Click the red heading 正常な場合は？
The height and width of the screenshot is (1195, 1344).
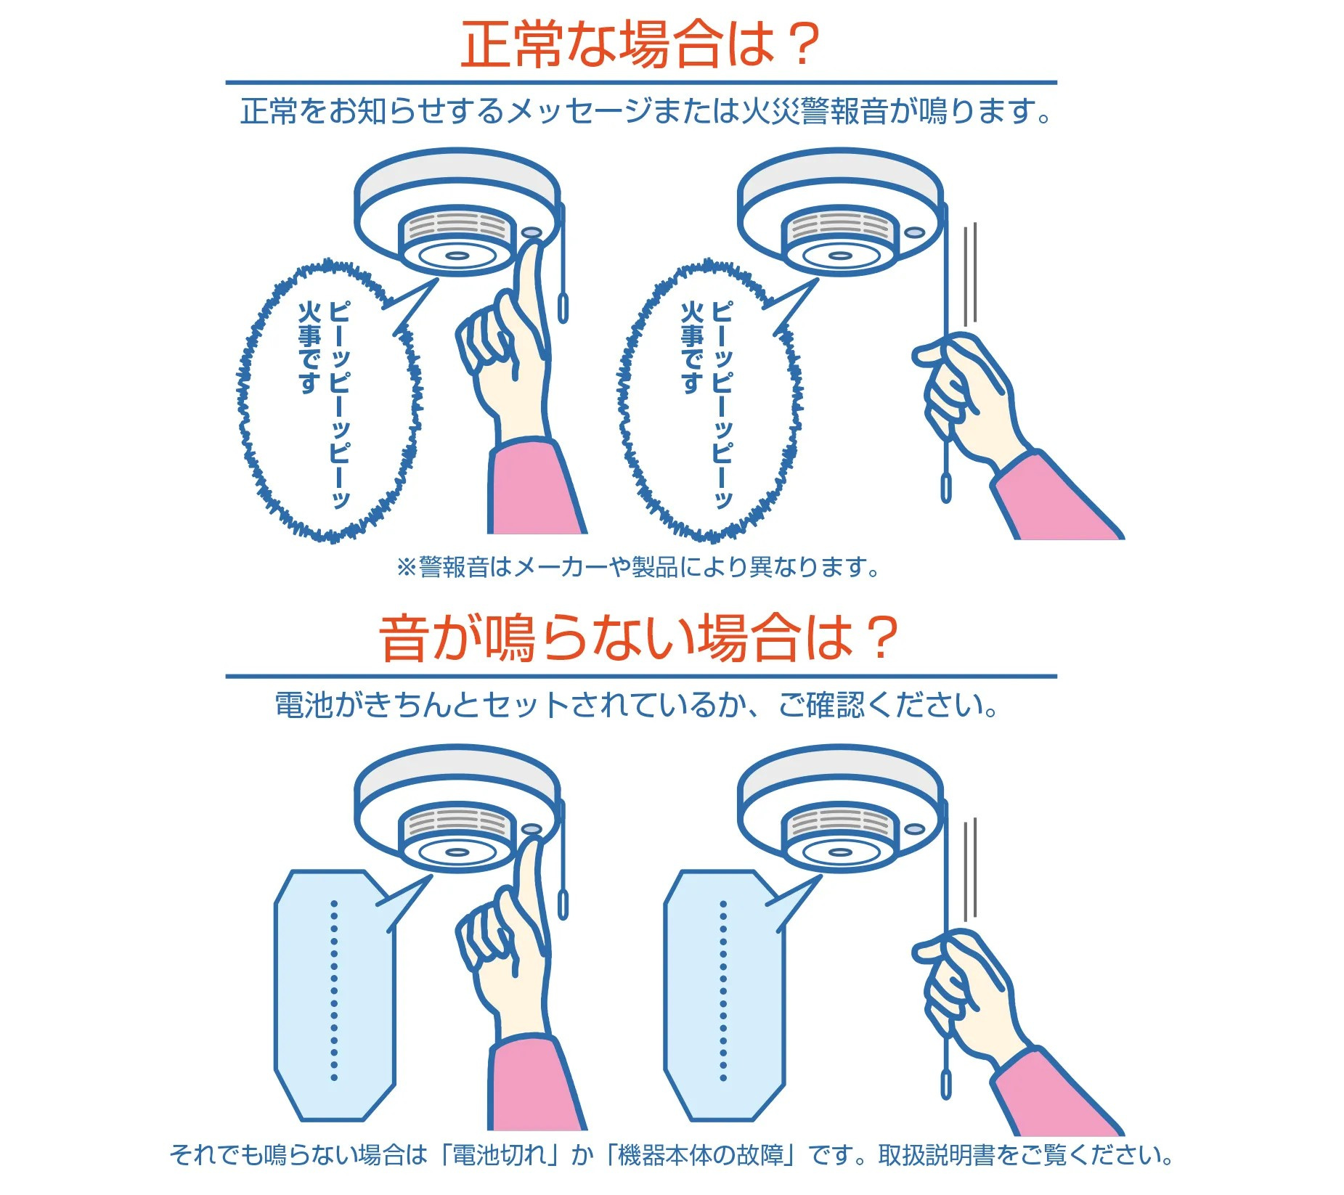640,45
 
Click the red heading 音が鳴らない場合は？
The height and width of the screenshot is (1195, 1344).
639,638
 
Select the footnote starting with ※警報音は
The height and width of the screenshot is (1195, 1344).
638,567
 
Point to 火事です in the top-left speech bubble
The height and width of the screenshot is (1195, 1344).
309,348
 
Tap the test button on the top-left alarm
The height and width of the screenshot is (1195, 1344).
532,234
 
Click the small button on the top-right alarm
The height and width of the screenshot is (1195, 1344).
914,233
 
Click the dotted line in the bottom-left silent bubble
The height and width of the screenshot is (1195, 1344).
334,990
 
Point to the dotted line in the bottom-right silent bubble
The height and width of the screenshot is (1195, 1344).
723,990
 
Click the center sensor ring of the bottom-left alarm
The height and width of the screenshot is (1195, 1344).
456,852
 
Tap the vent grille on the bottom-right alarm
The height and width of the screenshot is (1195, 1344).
839,821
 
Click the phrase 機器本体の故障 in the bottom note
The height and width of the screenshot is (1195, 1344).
701,1155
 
